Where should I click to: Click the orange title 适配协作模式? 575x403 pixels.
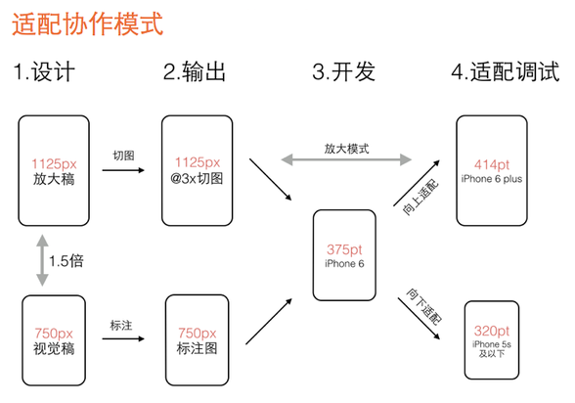pos(88,24)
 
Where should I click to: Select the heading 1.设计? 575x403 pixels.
pos(44,71)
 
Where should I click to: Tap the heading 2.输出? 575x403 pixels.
pos(194,71)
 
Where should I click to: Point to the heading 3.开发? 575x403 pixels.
pos(343,71)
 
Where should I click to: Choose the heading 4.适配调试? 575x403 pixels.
pos(506,71)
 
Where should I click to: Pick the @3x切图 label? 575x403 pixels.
pos(197,179)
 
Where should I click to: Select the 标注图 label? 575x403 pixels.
pos(197,348)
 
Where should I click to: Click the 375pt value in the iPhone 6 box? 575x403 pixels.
pos(344,249)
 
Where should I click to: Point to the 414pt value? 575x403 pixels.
pos(492,165)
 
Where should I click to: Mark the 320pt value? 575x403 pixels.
pos(491,331)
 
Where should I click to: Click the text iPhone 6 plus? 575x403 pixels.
pos(492,179)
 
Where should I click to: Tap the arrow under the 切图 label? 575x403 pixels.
pos(123,170)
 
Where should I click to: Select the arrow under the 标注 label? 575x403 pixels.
pos(123,338)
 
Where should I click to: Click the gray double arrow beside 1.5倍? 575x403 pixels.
pos(43,260)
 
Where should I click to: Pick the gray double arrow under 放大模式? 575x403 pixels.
pos(346,159)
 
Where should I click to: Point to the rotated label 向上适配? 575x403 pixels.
pos(420,198)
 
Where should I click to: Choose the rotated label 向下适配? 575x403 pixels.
pos(424,306)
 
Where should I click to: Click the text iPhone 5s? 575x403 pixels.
pos(492,344)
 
